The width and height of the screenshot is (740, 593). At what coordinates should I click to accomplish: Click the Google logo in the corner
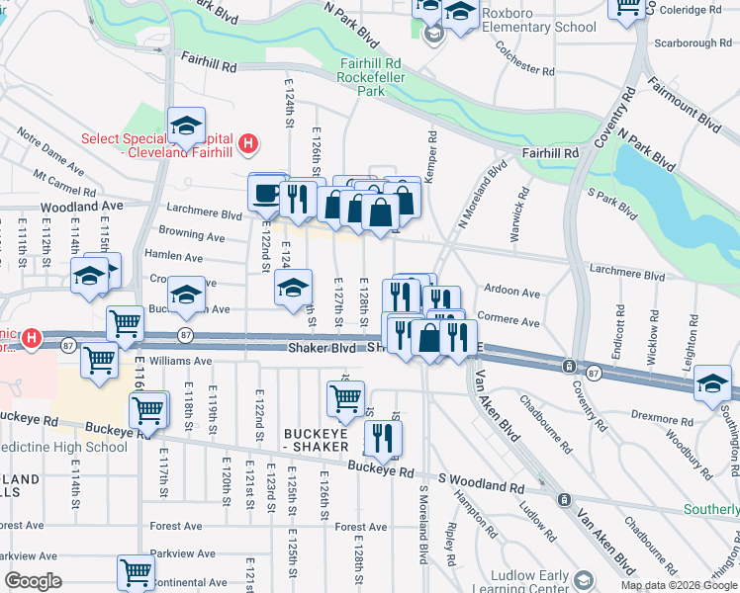pos(34,581)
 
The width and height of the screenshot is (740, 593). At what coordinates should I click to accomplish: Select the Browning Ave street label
pos(192,236)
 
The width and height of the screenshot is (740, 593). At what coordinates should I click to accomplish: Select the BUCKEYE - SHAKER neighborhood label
pos(317,440)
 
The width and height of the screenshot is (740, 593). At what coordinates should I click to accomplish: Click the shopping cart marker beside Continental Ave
pos(136,572)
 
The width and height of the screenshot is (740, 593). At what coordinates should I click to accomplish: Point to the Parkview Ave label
pos(182,554)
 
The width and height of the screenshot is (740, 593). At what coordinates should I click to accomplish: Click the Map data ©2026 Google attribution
pos(679,584)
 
